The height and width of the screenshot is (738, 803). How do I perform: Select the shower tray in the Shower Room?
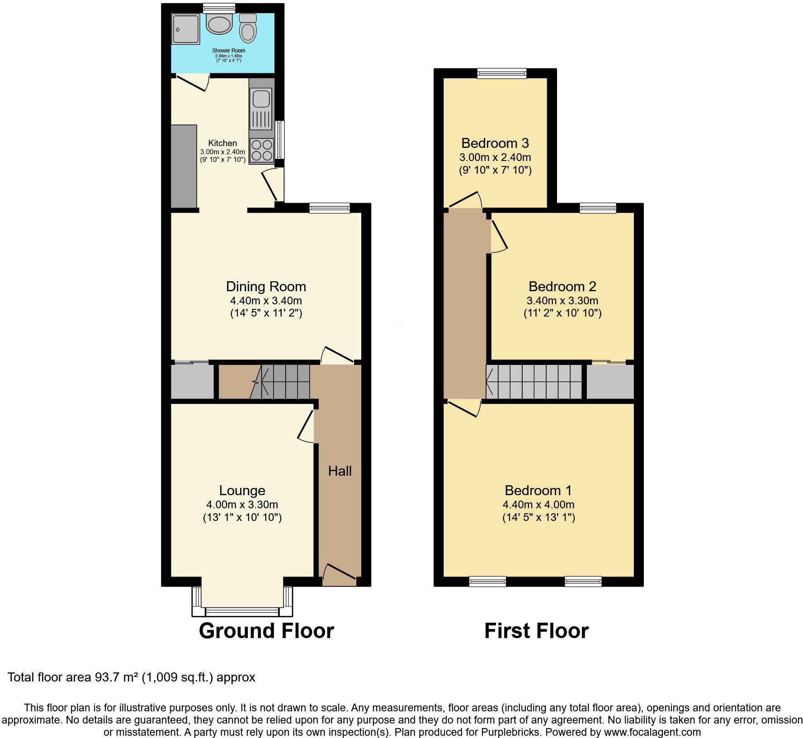[x=185, y=29]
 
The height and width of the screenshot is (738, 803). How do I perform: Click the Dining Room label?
[x=266, y=286]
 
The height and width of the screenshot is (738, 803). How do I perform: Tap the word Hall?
[x=340, y=471]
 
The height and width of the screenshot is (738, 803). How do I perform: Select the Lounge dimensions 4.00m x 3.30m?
[x=242, y=505]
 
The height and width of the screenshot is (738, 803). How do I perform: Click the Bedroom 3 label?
[x=495, y=143]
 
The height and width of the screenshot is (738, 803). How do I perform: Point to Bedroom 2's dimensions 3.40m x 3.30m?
[x=562, y=300]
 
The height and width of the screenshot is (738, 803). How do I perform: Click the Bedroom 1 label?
[x=538, y=490]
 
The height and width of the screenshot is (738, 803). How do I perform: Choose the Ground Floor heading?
[x=266, y=630]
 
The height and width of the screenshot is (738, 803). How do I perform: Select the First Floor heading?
[x=536, y=630]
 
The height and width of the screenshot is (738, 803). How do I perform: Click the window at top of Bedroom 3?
[x=502, y=73]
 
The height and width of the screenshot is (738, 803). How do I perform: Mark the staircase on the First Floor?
[x=534, y=382]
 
